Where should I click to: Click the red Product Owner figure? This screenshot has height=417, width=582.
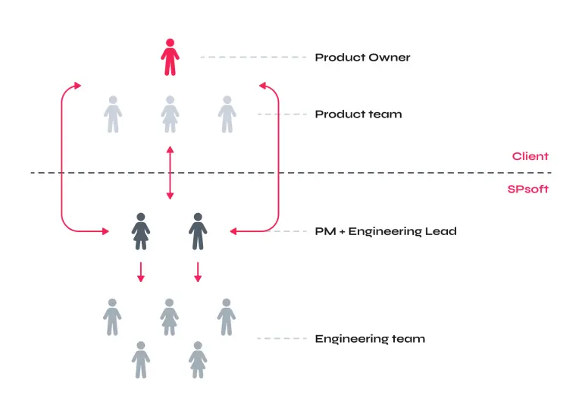[x=170, y=57]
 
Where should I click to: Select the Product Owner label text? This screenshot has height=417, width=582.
[x=362, y=58]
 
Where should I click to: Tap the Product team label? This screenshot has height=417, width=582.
[x=358, y=114]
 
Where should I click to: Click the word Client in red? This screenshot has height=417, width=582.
[x=530, y=156]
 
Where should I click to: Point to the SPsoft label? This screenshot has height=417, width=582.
[x=527, y=189]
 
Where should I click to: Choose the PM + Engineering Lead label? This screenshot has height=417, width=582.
[x=385, y=231]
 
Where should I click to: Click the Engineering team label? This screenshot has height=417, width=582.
[x=369, y=339]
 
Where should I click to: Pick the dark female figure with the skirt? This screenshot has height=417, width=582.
[x=140, y=231]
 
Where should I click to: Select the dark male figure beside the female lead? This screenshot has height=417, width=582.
[x=198, y=231]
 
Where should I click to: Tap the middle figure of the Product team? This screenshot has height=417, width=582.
[x=170, y=114]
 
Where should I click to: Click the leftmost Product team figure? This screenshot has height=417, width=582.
[x=112, y=114]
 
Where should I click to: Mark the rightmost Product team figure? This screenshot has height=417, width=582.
[x=227, y=114]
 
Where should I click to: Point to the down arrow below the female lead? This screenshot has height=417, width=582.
[x=140, y=272]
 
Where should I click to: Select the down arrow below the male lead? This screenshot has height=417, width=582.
[x=198, y=272]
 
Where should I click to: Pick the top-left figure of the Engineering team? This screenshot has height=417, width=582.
[x=112, y=317]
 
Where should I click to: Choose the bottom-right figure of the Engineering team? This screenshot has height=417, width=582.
[x=198, y=359]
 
